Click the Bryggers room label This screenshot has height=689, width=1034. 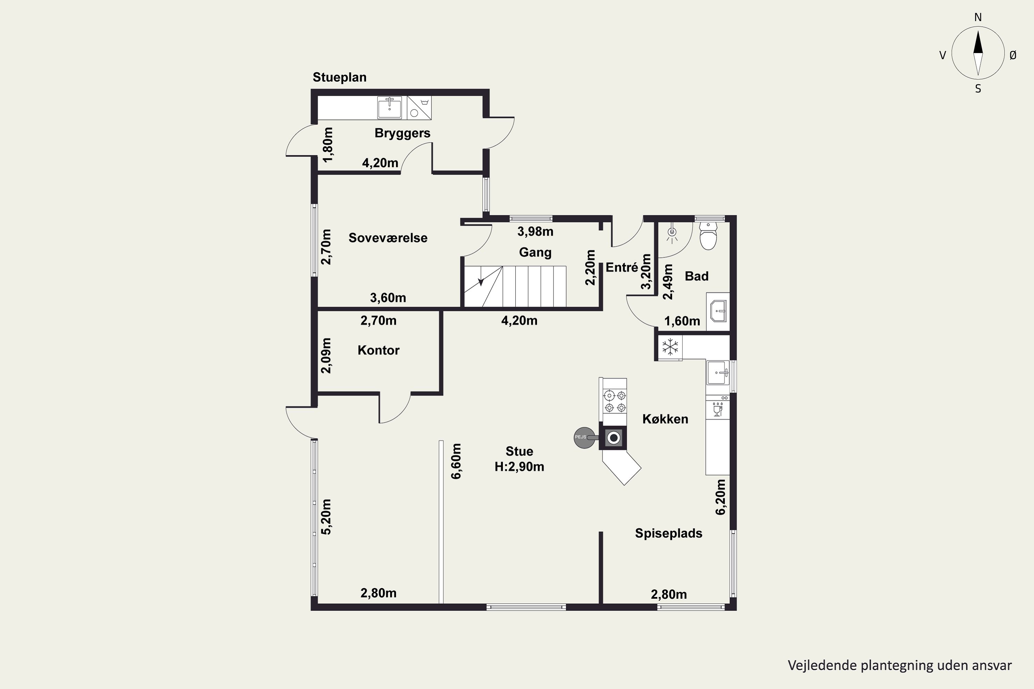[x=402, y=133]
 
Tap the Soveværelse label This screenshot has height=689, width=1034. [x=388, y=238]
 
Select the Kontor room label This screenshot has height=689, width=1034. [x=378, y=350]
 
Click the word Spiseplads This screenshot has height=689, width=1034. [x=669, y=533]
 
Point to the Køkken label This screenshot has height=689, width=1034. [x=665, y=419]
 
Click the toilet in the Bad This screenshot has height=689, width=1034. [x=708, y=236]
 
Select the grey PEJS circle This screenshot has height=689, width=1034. [x=584, y=438]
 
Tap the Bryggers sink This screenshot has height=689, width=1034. [x=389, y=107]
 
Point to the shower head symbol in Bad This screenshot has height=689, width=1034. [x=672, y=233]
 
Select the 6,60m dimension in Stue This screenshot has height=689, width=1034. [x=456, y=461]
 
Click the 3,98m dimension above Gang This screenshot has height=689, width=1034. [x=535, y=231]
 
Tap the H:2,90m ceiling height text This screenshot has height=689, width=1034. [x=519, y=467]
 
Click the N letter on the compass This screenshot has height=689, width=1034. [x=978, y=17]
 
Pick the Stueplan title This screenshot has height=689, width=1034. [x=339, y=77]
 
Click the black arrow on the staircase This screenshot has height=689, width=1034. [x=481, y=282]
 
